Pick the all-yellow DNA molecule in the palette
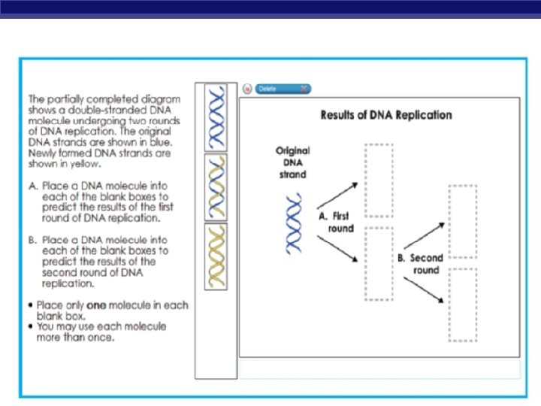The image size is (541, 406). point(217,256)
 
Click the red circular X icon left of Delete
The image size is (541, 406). point(247,89)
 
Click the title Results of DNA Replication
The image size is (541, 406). point(386,115)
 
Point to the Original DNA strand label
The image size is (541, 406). point(292,162)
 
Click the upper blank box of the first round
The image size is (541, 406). point(379,180)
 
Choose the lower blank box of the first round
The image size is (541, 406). point(379,263)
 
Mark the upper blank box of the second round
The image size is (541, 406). point(462,223)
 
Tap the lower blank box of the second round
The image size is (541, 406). point(462,304)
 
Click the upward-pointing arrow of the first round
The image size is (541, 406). point(337,193)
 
